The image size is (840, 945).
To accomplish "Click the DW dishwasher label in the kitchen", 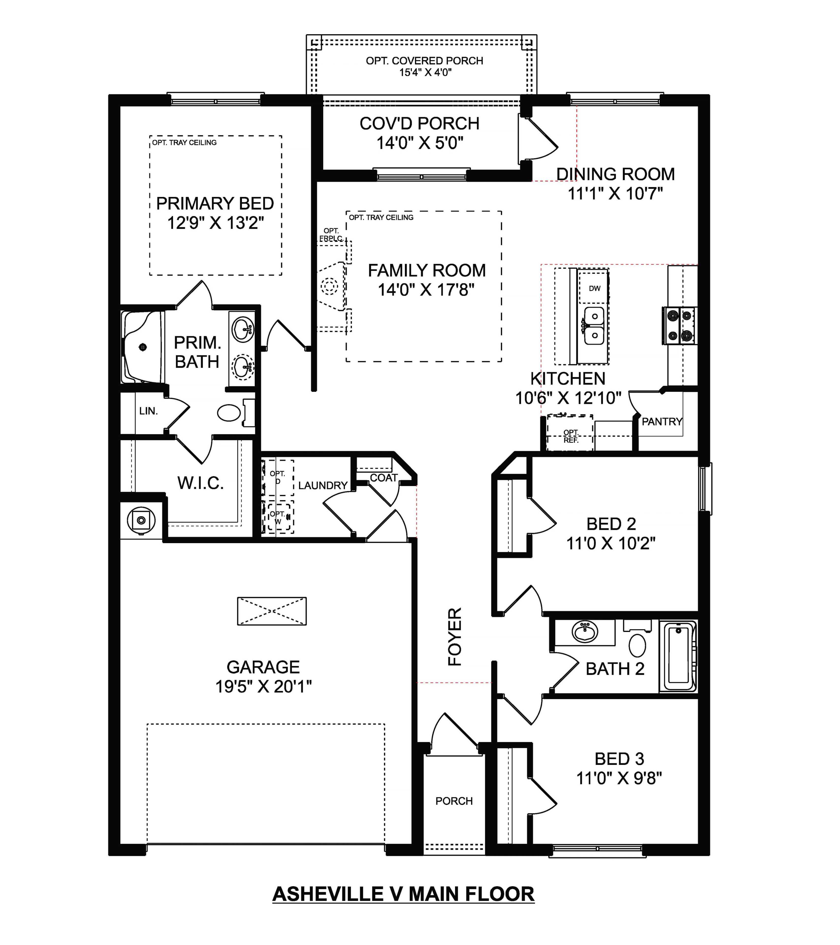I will (595, 288).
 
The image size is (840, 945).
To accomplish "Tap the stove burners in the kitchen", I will (680, 326).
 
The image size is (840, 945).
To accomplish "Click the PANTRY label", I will (662, 422).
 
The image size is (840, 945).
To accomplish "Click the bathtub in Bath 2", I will (678, 657).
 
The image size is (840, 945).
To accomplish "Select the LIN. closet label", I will (148, 411).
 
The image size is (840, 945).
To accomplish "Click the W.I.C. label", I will (201, 483).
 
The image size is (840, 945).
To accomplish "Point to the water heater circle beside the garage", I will (141, 520).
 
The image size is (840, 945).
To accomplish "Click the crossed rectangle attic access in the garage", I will (272, 611).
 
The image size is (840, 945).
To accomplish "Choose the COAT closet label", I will (384, 478).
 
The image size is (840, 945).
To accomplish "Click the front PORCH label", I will (454, 801).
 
